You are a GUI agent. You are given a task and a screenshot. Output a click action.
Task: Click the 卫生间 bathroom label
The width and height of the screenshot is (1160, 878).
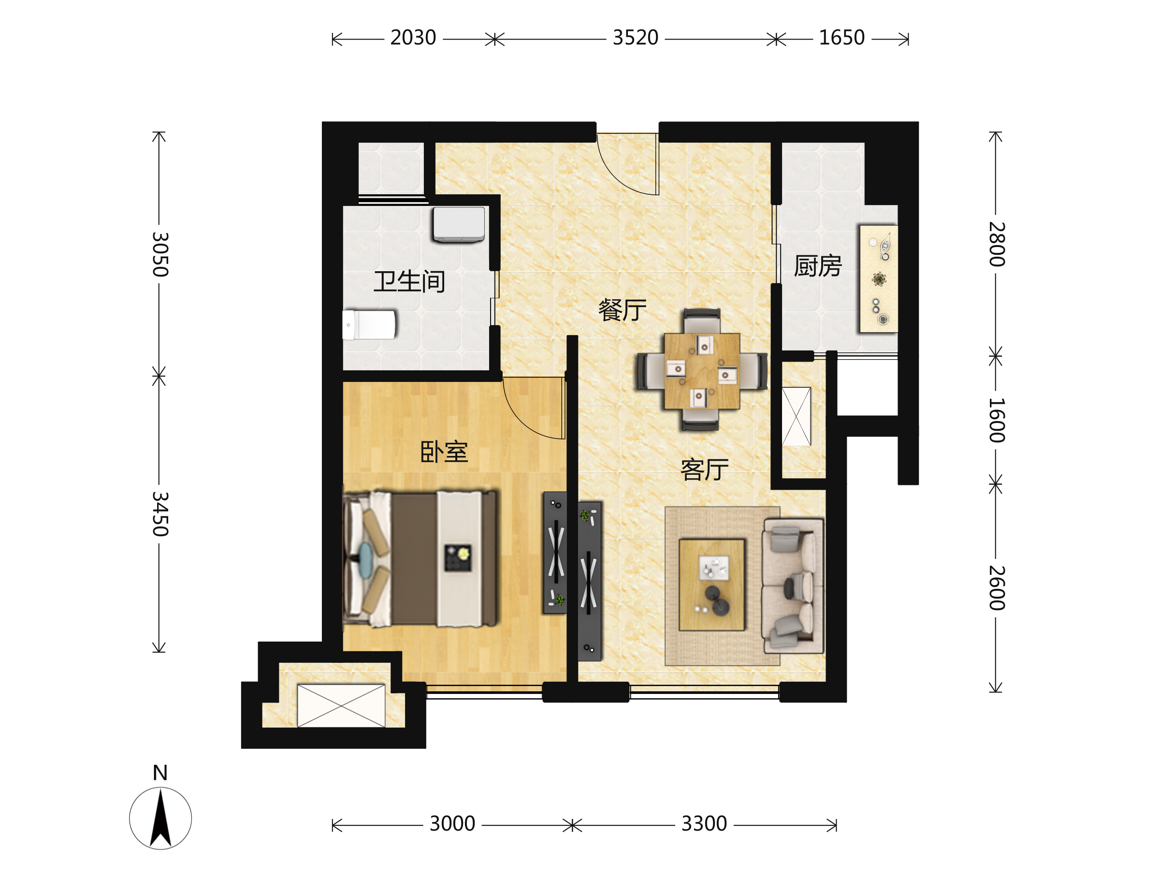[409, 282]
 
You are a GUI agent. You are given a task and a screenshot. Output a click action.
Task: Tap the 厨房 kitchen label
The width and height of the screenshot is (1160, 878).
[818, 266]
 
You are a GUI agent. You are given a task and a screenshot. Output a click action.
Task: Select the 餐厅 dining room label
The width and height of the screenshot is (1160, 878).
[623, 310]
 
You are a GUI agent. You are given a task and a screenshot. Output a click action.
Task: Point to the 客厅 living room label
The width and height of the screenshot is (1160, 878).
[704, 469]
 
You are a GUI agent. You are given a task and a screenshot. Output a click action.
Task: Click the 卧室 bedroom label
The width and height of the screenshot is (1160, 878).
[444, 452]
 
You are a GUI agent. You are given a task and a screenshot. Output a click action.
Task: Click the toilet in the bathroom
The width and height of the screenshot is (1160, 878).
[369, 325]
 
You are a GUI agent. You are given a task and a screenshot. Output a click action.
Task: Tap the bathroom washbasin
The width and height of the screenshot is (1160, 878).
[459, 224]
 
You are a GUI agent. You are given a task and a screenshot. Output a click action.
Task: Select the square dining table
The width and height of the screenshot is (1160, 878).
[702, 371]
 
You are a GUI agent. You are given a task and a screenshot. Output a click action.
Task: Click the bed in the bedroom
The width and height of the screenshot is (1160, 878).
[420, 558]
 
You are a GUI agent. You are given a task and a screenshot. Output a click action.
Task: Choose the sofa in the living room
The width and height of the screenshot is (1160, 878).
[792, 586]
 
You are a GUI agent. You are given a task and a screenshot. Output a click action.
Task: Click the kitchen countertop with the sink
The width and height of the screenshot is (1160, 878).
[878, 279]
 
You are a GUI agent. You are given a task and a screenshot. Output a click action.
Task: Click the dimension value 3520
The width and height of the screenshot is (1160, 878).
[636, 38]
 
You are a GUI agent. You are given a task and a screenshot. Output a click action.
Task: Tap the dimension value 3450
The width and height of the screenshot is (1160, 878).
[160, 514]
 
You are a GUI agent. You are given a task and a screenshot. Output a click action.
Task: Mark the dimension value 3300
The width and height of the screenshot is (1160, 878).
[704, 824]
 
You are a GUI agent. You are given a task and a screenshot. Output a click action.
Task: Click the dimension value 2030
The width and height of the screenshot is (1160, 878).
[413, 38]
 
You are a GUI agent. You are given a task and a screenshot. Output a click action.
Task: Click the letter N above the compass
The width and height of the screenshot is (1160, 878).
[160, 773]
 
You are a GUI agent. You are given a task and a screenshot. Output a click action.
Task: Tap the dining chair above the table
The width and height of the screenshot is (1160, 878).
[702, 321]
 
